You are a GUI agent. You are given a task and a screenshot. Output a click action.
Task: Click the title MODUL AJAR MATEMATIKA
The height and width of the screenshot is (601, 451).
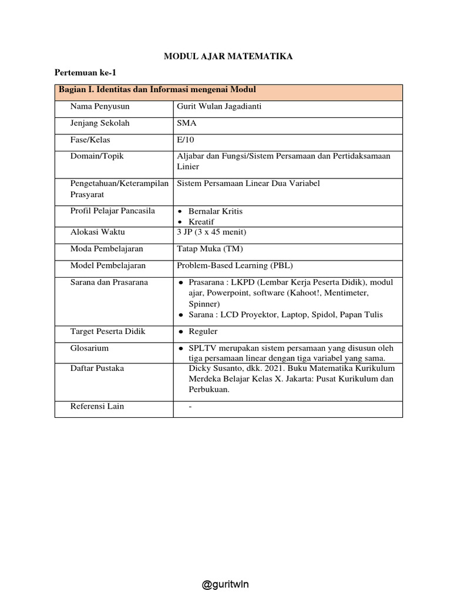pos(227,56)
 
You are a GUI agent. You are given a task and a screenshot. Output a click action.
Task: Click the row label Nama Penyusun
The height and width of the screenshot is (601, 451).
pos(99,107)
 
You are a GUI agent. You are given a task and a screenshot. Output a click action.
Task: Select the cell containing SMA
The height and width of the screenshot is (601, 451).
pos(187,123)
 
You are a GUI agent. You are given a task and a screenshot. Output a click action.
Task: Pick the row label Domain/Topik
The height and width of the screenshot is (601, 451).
pos(97,156)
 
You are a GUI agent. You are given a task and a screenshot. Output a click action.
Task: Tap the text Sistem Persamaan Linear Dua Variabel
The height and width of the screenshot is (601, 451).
pos(248,183)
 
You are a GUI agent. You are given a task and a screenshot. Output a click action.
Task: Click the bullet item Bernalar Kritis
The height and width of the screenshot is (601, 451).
pos(216,211)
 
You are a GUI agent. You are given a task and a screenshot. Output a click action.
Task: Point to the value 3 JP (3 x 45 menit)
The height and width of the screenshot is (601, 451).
pos(211,232)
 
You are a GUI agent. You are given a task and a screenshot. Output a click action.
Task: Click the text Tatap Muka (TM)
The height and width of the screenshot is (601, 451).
pos(206,249)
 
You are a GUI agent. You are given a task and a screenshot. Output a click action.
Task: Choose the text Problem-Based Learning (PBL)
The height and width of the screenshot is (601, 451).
pos(234,265)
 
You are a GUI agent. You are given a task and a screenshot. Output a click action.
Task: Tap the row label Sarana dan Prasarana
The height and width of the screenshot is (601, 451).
pos(109,282)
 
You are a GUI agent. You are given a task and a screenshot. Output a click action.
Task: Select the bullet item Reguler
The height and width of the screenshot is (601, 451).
pos(203,332)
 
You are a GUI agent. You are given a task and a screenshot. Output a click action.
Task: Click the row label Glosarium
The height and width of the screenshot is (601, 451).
pos(89,348)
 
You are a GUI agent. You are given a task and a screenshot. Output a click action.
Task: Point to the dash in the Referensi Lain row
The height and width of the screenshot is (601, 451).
pos(191,406)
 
